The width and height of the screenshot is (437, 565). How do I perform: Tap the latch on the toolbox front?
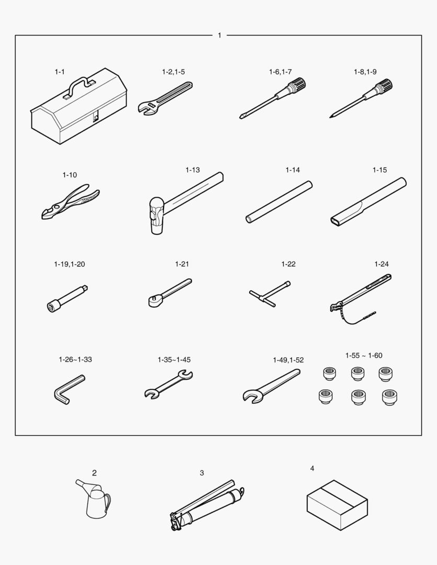pyautogui.click(x=96, y=117)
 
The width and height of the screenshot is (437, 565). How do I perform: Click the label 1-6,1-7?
pyautogui.click(x=280, y=72)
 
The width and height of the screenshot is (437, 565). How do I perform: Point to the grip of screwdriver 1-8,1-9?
pyautogui.click(x=383, y=87)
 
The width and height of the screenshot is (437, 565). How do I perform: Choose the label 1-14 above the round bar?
pyautogui.click(x=293, y=169)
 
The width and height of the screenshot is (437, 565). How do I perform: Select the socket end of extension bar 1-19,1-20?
pyautogui.click(x=52, y=306)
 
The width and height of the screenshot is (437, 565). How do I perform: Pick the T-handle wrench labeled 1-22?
pyautogui.click(x=270, y=293)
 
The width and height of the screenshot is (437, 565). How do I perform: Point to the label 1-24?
pyautogui.click(x=382, y=264)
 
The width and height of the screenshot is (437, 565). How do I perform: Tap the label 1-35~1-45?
pyautogui.click(x=174, y=359)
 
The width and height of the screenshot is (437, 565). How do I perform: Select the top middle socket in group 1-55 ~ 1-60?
pyautogui.click(x=357, y=374)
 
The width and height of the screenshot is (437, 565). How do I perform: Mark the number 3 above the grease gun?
pyautogui.click(x=202, y=473)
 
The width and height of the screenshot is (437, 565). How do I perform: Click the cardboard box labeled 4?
pyautogui.click(x=338, y=505)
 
